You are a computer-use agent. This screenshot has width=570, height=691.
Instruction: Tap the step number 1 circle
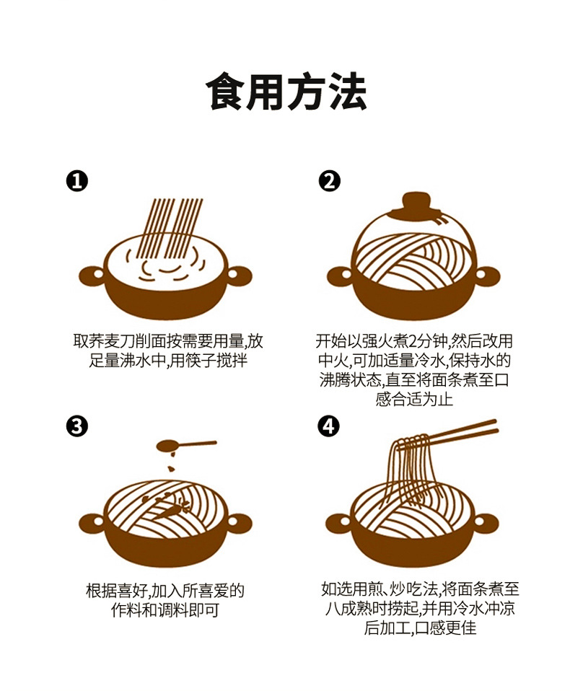pos(76,180)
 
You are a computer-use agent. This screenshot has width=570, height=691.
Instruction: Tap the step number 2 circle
pos(329,180)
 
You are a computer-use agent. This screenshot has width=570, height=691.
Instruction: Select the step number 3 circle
pos(76,426)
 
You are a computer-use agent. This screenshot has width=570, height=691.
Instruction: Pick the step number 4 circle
pos(329,426)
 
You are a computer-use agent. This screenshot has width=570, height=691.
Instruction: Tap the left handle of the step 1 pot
pos(90,275)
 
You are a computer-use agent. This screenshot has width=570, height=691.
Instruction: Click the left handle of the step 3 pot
pos(90,520)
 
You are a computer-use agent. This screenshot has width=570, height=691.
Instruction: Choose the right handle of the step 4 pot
pos(488,520)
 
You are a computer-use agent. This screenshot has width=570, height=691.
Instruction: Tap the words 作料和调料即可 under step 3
pos(165,610)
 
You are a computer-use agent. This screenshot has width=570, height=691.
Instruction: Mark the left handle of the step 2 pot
pos(339,275)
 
